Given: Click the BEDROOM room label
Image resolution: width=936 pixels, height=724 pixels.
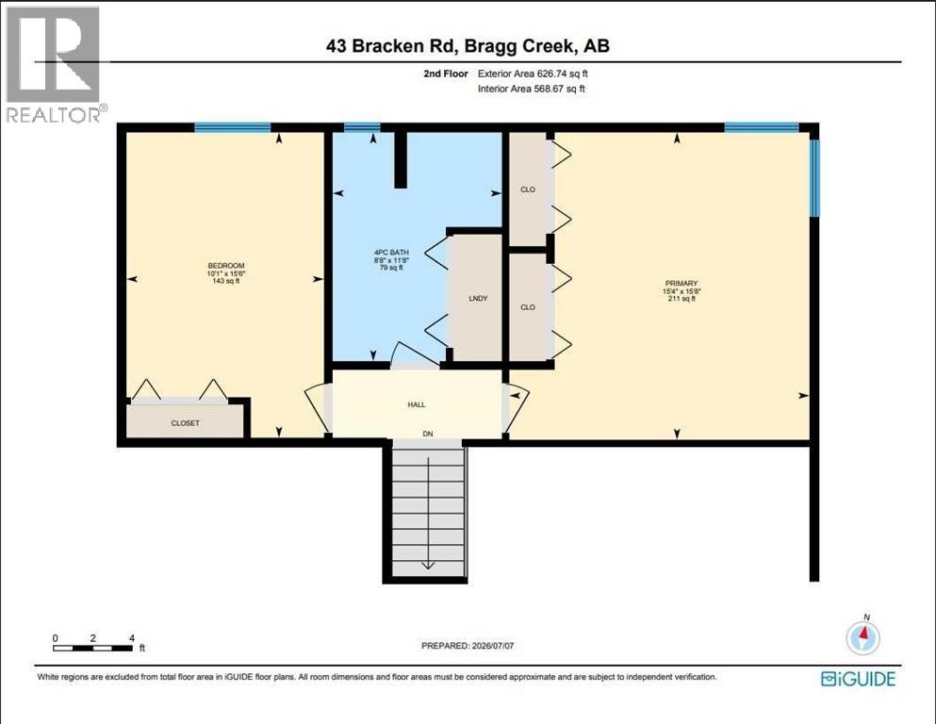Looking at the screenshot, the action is click(x=226, y=266).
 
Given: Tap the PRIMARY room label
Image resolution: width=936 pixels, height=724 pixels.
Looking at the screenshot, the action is click(x=681, y=284).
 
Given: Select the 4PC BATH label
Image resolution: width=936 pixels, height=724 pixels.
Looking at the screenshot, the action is click(x=391, y=253).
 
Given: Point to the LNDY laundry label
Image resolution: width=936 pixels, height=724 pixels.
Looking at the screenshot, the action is click(x=478, y=298).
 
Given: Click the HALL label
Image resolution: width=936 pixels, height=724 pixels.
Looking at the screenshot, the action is click(x=417, y=404).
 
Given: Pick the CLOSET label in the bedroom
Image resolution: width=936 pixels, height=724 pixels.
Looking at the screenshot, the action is click(x=185, y=423).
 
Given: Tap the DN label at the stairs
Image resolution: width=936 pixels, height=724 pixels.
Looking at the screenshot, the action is click(x=428, y=434).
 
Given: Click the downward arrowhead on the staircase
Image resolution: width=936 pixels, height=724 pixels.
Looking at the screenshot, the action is click(x=428, y=565).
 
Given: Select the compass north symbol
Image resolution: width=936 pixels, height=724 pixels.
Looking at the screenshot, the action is click(x=863, y=636).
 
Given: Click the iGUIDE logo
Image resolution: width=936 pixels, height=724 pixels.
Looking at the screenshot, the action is click(x=859, y=679).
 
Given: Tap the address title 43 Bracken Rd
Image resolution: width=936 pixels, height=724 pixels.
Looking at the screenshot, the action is click(x=392, y=46).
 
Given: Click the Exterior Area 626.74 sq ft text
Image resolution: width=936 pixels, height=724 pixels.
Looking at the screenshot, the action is click(x=534, y=74).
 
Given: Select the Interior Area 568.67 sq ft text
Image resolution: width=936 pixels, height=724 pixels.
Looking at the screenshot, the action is click(x=532, y=89).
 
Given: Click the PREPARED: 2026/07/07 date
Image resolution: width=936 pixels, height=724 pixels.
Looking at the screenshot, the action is click(x=468, y=646).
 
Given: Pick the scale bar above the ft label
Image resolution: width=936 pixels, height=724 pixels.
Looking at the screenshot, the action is click(x=93, y=649).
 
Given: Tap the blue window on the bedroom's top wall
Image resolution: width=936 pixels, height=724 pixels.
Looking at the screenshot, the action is click(x=232, y=127).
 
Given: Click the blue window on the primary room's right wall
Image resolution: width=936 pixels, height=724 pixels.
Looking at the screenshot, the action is click(x=814, y=178).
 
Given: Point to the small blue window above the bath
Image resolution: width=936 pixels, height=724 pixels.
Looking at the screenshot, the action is click(x=362, y=126).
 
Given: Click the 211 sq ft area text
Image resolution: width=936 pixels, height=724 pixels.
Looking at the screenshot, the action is click(x=681, y=299).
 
